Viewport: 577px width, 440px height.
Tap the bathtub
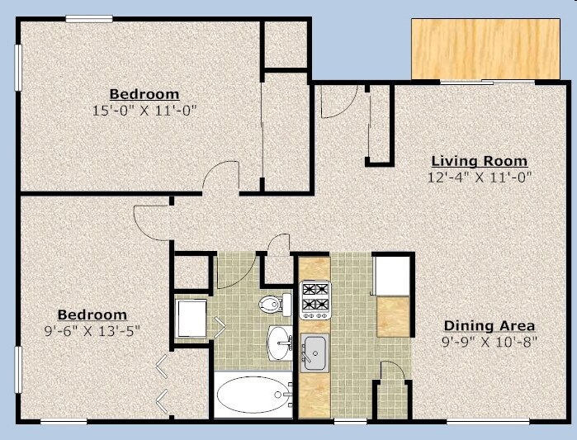point(253,395)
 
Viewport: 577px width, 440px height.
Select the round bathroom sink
point(280,341)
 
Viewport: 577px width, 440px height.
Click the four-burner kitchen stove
point(315,300)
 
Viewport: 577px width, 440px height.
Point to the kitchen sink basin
point(315,353)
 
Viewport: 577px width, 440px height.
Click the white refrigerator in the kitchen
point(392,275)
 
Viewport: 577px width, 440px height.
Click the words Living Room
point(480,161)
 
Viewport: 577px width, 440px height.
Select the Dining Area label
point(490,325)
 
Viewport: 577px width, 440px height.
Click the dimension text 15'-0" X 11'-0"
point(144,109)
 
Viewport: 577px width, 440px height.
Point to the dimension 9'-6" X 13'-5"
point(92,330)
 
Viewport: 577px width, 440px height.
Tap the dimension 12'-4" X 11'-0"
point(480,177)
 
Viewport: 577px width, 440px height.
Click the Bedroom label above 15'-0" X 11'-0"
point(144,93)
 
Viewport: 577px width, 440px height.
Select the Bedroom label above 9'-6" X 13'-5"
point(92,315)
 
